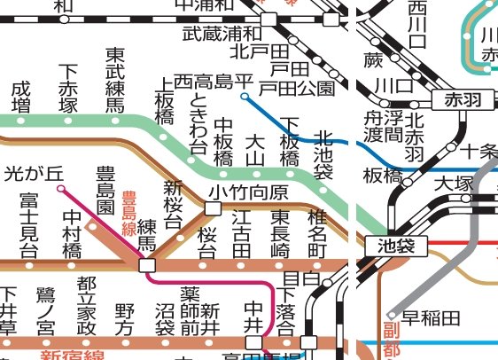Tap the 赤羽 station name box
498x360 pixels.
[x=462, y=99]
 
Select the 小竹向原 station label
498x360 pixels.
[x=250, y=192]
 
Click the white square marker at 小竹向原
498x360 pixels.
[x=213, y=208]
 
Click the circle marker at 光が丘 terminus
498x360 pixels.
[x=60, y=188]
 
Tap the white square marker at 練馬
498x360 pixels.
[x=147, y=264]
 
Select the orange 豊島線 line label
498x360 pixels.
[x=128, y=213]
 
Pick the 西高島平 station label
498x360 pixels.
[x=213, y=82]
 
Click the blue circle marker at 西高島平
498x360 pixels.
[x=245, y=95]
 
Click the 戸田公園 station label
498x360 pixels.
[x=302, y=87]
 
